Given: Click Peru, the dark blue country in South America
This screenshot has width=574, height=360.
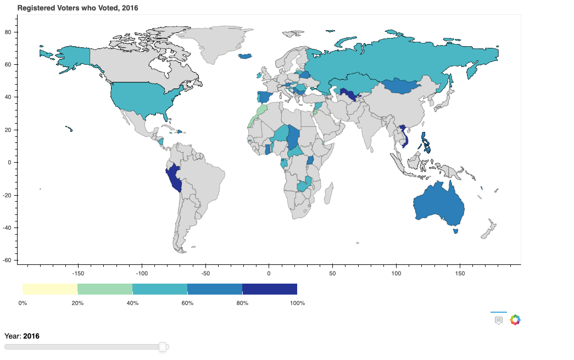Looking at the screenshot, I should (x=174, y=178).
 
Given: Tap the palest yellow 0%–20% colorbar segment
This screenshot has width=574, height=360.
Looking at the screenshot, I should (x=50, y=289).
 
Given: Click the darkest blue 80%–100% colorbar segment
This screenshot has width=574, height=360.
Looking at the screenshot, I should (x=270, y=289).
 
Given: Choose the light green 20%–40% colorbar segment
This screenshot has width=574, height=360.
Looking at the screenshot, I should (x=105, y=289).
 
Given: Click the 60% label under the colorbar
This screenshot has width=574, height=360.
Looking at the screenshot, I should (x=187, y=303).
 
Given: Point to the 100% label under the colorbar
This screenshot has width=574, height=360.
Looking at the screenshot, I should (x=297, y=303).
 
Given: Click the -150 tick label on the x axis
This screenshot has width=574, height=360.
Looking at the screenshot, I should (x=77, y=273).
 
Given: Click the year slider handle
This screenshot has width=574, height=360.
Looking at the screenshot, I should (x=163, y=347).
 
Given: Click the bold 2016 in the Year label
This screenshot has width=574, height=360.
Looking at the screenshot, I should (x=31, y=336).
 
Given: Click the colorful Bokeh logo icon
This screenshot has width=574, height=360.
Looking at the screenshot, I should (x=515, y=320).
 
